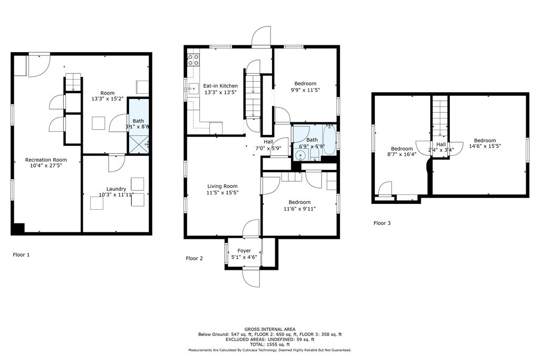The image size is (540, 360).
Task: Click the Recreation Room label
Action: click(46, 160)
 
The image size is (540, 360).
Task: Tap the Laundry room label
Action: click(116, 189)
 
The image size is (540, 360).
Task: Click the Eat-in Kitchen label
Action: click(220, 86)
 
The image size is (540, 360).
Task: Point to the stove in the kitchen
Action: click(194, 60)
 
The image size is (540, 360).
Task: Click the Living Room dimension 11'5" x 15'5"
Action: click(222, 193)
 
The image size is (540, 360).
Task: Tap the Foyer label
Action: click(244, 251)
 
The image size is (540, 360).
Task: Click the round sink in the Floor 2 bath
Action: click(301, 155)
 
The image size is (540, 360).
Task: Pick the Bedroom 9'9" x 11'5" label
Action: click(305, 84)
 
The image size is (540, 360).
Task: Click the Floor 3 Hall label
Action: click(441, 144)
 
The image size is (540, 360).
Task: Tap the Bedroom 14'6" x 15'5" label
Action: click(485, 140)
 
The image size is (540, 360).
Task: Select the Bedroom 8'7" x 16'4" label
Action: click(401, 149)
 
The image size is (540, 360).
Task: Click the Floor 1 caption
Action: click(21, 255)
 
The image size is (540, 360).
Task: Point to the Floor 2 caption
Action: click(194, 258)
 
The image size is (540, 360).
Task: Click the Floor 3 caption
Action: click(382, 223)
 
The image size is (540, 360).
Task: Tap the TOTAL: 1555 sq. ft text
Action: click(269, 344)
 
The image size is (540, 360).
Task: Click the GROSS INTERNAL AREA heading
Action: click(269, 329)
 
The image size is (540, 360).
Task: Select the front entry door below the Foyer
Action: click(251, 277)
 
